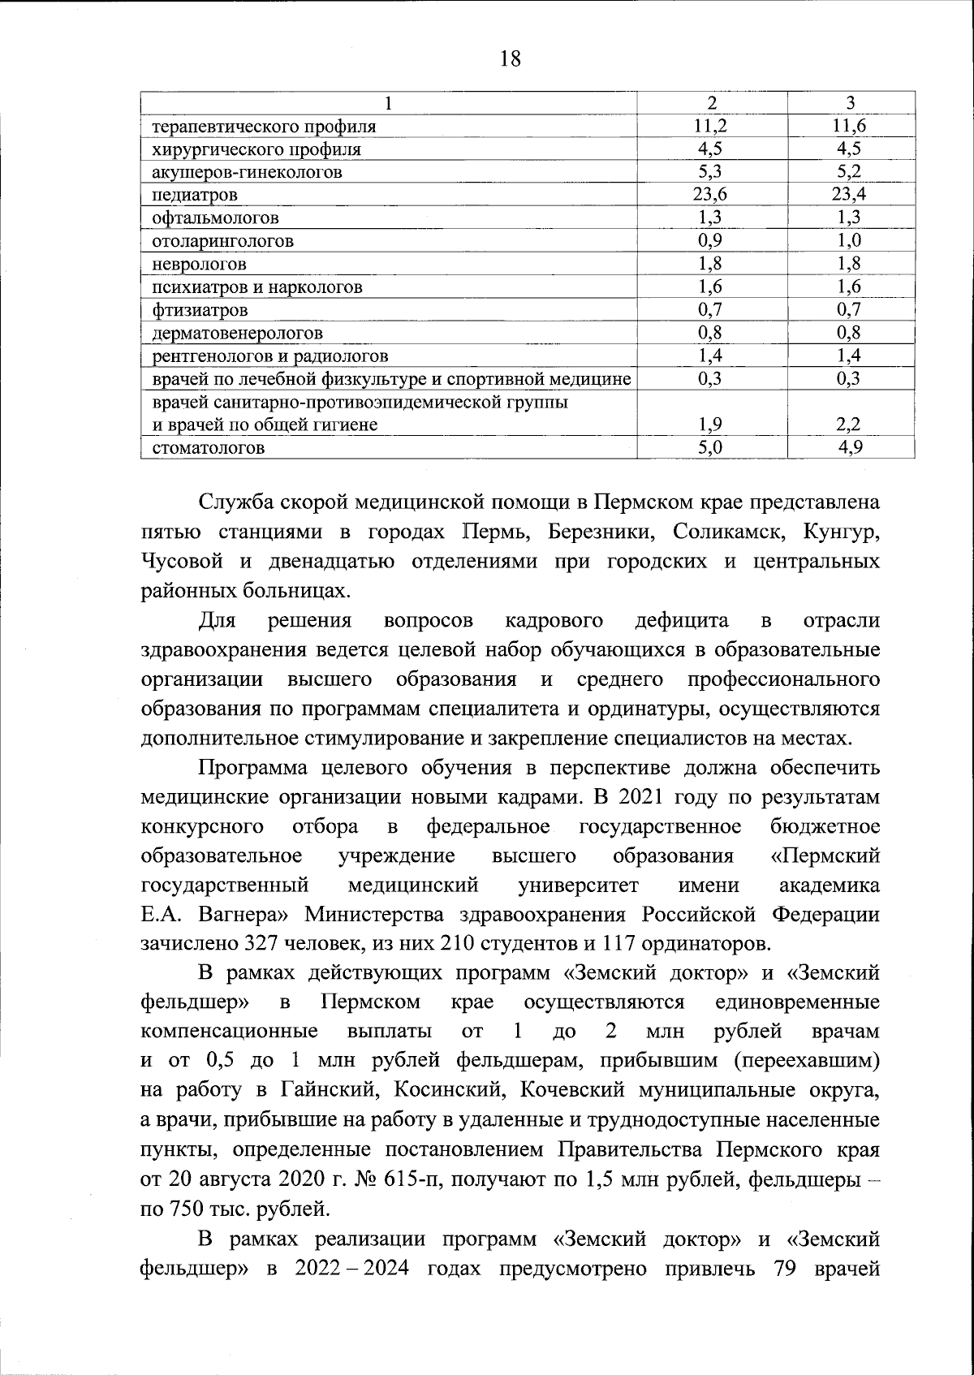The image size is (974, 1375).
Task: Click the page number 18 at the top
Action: coord(511,59)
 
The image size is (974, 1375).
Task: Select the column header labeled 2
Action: coord(712,103)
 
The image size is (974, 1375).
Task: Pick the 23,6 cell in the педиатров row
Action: coord(712,195)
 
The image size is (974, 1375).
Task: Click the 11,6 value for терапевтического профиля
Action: coord(849,126)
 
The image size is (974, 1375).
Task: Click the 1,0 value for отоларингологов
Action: coord(850,241)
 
